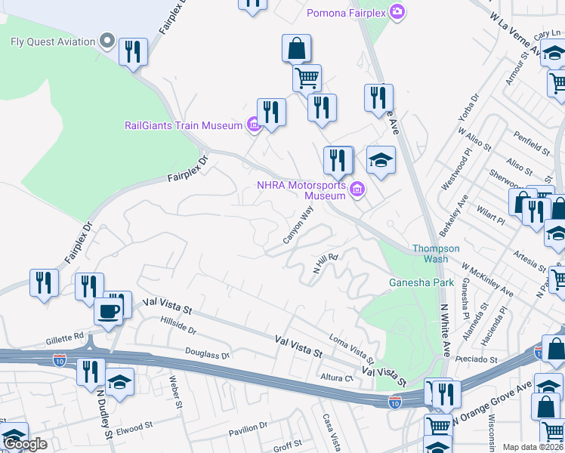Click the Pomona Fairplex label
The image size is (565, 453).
(345, 13)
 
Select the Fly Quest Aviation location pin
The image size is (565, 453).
(107, 41)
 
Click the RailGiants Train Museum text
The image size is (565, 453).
(184, 125)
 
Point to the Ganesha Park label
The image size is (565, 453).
(421, 283)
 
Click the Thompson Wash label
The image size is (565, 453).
(435, 254)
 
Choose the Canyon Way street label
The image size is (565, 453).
(298, 226)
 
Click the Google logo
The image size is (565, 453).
(26, 444)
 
